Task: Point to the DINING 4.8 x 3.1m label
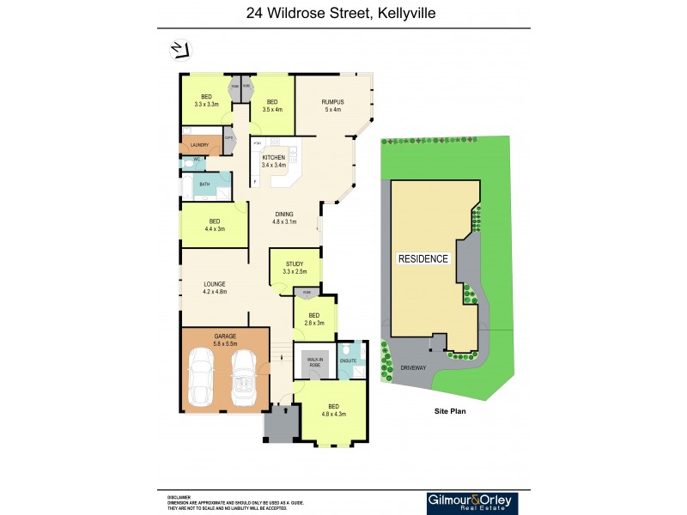tap(284, 218)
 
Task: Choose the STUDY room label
tap(295, 268)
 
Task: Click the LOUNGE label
tap(214, 288)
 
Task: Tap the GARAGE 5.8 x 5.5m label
tap(224, 338)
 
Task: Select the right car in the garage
tap(243, 378)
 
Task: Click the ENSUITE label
tap(349, 361)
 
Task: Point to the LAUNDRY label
tap(199, 145)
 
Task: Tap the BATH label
tap(204, 185)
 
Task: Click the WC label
tap(197, 160)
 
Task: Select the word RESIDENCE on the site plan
tap(423, 258)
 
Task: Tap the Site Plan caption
tap(449, 412)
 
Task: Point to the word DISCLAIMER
tap(179, 496)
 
